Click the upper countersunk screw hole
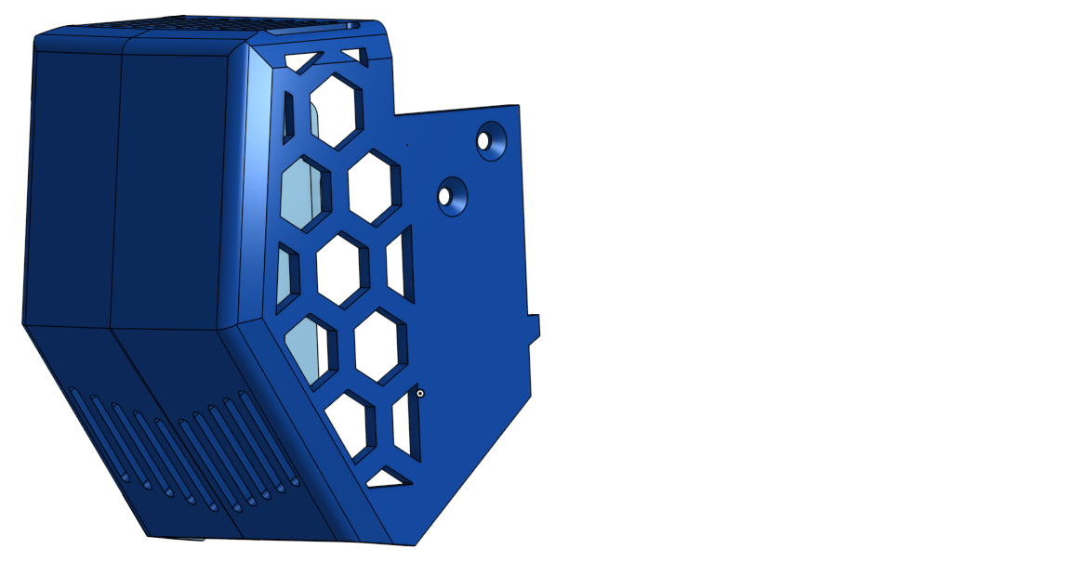pyautogui.click(x=485, y=140)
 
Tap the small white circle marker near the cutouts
pyautogui.click(x=420, y=394)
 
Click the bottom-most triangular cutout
pyautogui.click(x=389, y=479)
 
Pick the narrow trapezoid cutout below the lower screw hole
pyautogui.click(x=401, y=264)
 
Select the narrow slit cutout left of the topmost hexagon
pyautogui.click(x=288, y=117)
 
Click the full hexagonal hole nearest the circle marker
pyautogui.click(x=377, y=346)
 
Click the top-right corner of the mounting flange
pyautogui.click(x=517, y=106)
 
